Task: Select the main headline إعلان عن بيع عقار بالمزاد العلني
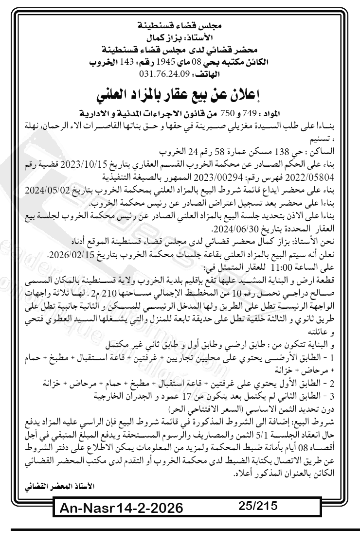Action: click(x=180, y=93)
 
